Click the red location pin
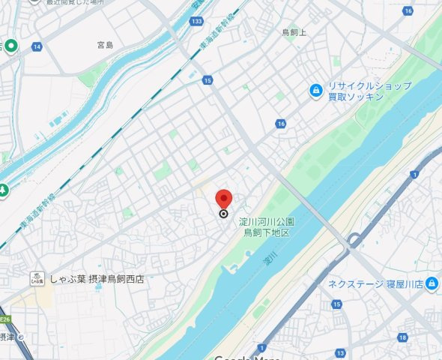[x=223, y=199]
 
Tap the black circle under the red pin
[x=223, y=214]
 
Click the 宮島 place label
[x=106, y=46]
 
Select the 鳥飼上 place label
[x=294, y=32]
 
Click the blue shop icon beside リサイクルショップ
[x=316, y=91]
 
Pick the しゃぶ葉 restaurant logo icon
[x=35, y=279]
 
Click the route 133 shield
[x=195, y=21]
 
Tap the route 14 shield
[x=36, y=46]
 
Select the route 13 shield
[x=340, y=352]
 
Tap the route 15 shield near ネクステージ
[x=337, y=304]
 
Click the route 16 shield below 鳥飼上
[x=280, y=124]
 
